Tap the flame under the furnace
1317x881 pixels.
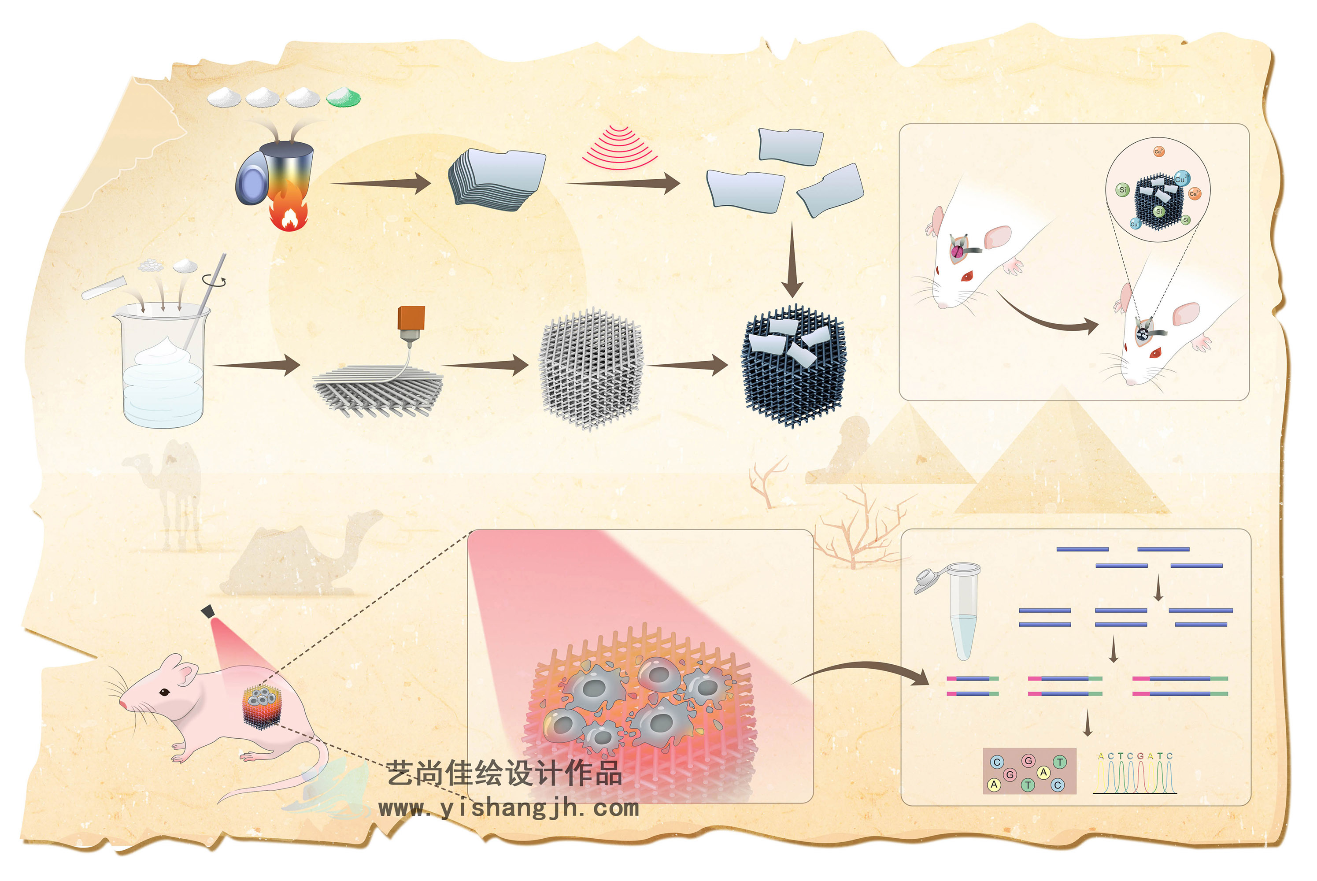[288, 212]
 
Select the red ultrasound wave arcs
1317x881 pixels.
[619, 148]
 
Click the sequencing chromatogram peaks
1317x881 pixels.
[1135, 775]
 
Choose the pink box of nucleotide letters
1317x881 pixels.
[1029, 771]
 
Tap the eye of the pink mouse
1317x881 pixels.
[165, 692]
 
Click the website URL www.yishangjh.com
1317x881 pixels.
[508, 808]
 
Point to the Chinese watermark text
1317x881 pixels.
[504, 773]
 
